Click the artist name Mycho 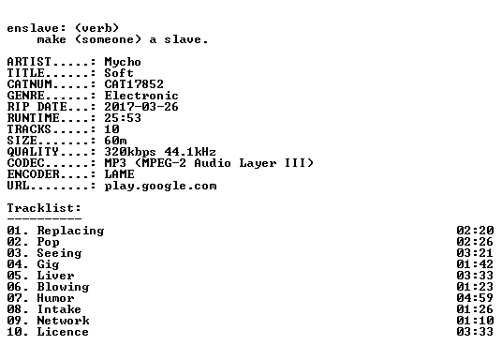coord(123,62)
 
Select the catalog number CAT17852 coord(134,84)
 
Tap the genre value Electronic coord(141,96)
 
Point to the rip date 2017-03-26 coord(141,107)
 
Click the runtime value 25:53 coord(123,118)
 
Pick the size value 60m coord(115,141)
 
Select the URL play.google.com coord(160,187)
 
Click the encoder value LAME coord(119,174)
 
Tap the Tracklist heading coord(44,208)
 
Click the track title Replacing coord(70,232)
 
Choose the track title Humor coord(55,298)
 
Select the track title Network coord(63,321)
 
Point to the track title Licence coord(63,332)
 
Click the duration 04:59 coord(475,298)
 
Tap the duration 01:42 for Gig coord(475,264)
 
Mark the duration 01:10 coord(475,321)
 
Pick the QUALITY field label coord(33,152)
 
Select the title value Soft coord(119,73)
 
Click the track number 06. coord(14,287)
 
